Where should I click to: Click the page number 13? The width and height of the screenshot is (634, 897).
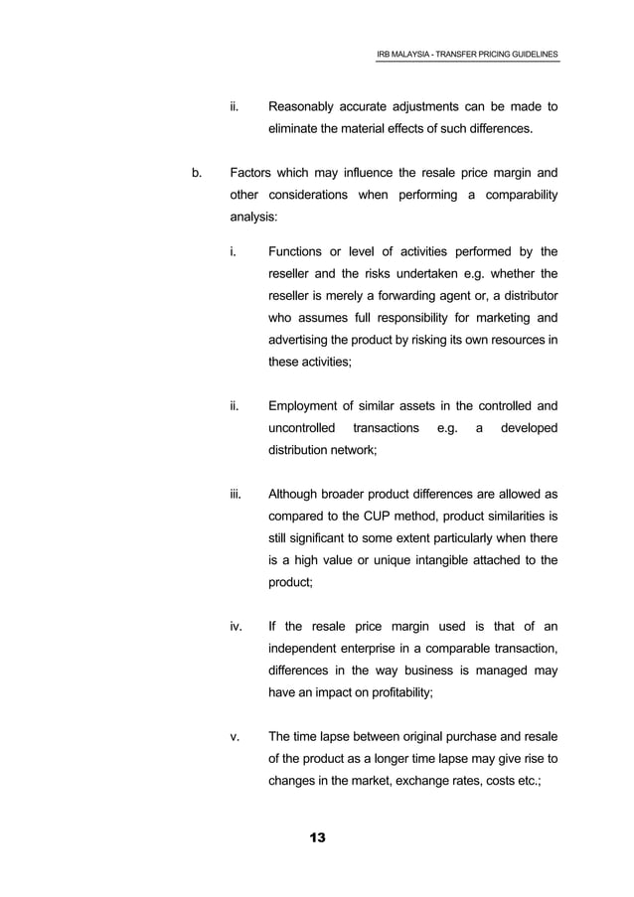317,839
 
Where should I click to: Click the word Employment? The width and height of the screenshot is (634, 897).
311,404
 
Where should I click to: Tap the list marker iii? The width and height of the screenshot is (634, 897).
236,494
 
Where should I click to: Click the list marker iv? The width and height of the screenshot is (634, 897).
236,628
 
